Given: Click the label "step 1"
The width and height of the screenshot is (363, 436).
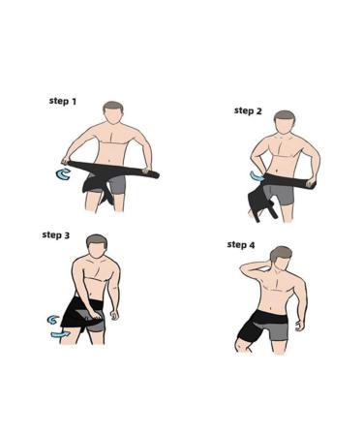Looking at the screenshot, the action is (63, 101).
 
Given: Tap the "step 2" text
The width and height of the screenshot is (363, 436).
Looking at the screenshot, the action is (248, 110).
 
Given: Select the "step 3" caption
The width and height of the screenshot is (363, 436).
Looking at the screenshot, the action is (56, 234).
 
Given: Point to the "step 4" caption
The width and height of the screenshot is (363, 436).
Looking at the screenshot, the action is (241, 245).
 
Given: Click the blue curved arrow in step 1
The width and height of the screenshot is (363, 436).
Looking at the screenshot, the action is (63, 174).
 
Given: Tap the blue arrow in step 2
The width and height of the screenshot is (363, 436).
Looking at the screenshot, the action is (257, 176).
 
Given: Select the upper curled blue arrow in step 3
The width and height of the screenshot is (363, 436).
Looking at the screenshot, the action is (53, 320).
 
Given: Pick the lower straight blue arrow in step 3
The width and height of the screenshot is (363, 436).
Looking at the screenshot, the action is (60, 334).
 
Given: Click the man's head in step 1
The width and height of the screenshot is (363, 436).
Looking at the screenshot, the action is (113, 112).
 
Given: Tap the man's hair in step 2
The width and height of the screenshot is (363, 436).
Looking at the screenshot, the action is (285, 116).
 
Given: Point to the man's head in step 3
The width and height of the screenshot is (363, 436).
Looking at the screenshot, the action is (97, 246).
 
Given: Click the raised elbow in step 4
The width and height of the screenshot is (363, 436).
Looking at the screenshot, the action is (243, 269).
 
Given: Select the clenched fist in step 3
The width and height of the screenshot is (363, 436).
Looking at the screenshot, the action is (114, 315).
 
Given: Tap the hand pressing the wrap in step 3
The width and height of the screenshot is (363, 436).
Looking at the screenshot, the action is (96, 314).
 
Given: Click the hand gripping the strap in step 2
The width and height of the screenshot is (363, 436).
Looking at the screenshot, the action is (311, 184).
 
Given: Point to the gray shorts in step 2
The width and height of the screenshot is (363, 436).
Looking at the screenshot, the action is (282, 194).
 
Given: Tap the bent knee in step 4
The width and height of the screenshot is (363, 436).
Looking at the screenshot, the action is (239, 347).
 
